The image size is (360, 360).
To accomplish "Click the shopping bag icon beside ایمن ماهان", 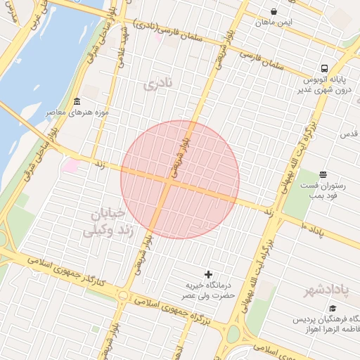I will [274, 12].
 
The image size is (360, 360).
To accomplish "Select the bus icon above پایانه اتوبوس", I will [323, 69].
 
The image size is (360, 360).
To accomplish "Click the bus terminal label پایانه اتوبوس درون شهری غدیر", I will [313, 84].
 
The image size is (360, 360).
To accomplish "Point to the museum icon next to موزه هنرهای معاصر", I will [76, 101].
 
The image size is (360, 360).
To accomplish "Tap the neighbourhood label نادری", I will [157, 85].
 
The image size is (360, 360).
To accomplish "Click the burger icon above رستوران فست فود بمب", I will [323, 174].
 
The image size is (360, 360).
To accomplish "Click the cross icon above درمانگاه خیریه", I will [207, 274].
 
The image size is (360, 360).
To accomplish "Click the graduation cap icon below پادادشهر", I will [333, 309].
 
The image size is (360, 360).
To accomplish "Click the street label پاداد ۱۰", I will [309, 228].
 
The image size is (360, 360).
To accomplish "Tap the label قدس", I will [349, 134].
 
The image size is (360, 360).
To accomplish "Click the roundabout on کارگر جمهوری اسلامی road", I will [124, 296].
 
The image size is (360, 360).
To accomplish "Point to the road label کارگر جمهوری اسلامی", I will [67, 271].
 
